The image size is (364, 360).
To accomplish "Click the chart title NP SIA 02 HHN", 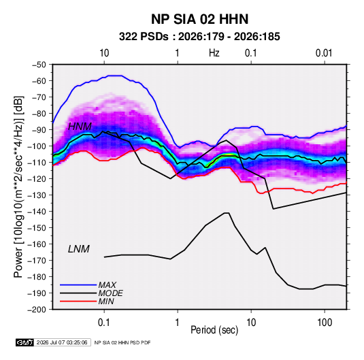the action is point(199,19).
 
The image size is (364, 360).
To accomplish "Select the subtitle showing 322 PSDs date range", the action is point(199,37).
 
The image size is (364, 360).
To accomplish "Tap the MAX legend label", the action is point(107,285).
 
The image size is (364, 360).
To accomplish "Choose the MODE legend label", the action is point(110,293).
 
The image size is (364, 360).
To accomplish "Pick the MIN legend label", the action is point(106,301).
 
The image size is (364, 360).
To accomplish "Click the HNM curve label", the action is point(80,127).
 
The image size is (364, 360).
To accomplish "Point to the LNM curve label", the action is point(79,249).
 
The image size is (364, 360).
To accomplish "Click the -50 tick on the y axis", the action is point(39,65).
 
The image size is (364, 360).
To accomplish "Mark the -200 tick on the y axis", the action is point(37,310).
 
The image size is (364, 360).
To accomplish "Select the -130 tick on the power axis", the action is point(37,195).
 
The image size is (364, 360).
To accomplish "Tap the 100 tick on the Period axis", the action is point(325,323).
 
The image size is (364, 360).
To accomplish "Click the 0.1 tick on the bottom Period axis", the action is point(104,323).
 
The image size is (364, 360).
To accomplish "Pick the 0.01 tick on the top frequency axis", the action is point(324,53).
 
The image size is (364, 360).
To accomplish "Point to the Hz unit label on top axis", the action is point(214,53).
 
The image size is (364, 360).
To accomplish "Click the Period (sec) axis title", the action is point(214,330).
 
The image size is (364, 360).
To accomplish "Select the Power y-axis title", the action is point(18,187).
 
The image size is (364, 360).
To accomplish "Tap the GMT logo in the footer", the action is point(25,342).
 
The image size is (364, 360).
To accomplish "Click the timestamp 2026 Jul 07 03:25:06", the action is point(62,342).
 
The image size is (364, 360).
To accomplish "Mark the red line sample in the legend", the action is point(78,301).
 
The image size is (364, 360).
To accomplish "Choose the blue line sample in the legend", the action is point(78,285).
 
